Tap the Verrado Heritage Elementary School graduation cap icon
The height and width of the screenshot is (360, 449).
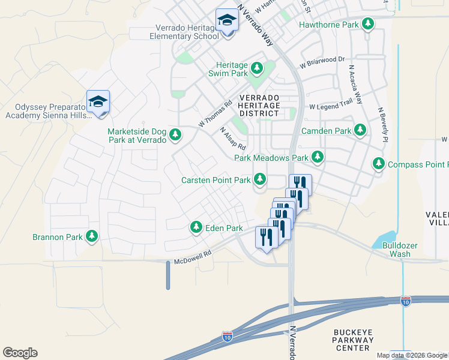tap(228, 21)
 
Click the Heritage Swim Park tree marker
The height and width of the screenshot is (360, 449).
tap(258, 68)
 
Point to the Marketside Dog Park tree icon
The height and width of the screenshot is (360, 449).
tap(175, 135)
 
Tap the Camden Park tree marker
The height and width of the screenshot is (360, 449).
tap(360, 130)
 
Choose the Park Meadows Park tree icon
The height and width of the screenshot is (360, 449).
tap(318, 158)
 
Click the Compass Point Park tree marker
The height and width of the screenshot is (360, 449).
tap(379, 164)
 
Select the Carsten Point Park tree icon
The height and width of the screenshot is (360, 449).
tap(260, 179)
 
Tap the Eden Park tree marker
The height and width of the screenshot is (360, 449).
tap(196, 228)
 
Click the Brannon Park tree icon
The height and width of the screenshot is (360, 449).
tap(92, 237)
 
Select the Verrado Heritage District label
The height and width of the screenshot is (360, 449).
tap(259, 105)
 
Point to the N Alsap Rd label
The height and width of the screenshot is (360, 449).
tap(233, 139)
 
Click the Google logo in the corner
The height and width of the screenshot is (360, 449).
tap(20, 353)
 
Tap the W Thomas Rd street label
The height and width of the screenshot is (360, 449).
tap(215, 113)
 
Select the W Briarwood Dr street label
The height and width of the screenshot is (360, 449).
tap(322, 60)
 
